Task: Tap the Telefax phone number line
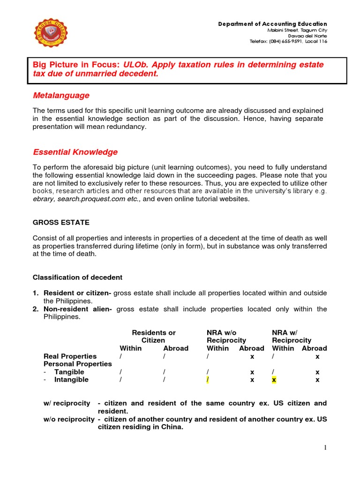click(x=288, y=41)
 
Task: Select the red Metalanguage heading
click(x=61, y=96)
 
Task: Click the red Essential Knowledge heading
click(x=75, y=152)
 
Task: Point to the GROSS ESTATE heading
click(x=61, y=222)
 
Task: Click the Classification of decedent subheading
click(x=77, y=277)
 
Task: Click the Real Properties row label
click(x=70, y=356)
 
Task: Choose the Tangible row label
click(x=69, y=372)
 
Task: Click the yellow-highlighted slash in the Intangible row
click(x=208, y=380)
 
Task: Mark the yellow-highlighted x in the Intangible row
click(x=274, y=380)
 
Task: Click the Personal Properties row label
click(x=77, y=364)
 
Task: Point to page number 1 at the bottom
click(x=325, y=448)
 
